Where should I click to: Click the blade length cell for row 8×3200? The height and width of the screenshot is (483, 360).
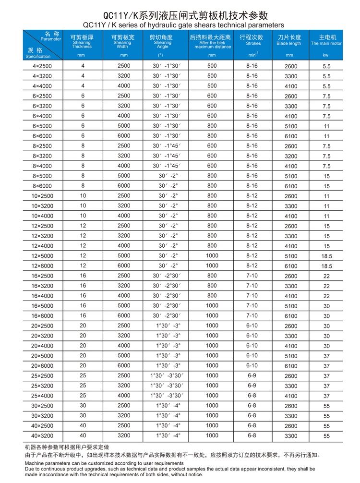click(291, 156)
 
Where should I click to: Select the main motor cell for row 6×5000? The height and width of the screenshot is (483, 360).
click(326, 126)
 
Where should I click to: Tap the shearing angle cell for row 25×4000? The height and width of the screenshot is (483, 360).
click(168, 396)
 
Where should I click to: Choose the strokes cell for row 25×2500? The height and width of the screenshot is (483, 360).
click(252, 375)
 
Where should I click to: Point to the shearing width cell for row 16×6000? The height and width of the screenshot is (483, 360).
click(123, 315)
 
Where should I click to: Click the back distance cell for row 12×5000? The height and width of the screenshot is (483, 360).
click(212, 256)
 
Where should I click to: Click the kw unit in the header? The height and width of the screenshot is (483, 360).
click(326, 55)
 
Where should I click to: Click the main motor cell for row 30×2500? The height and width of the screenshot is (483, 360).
click(326, 406)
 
